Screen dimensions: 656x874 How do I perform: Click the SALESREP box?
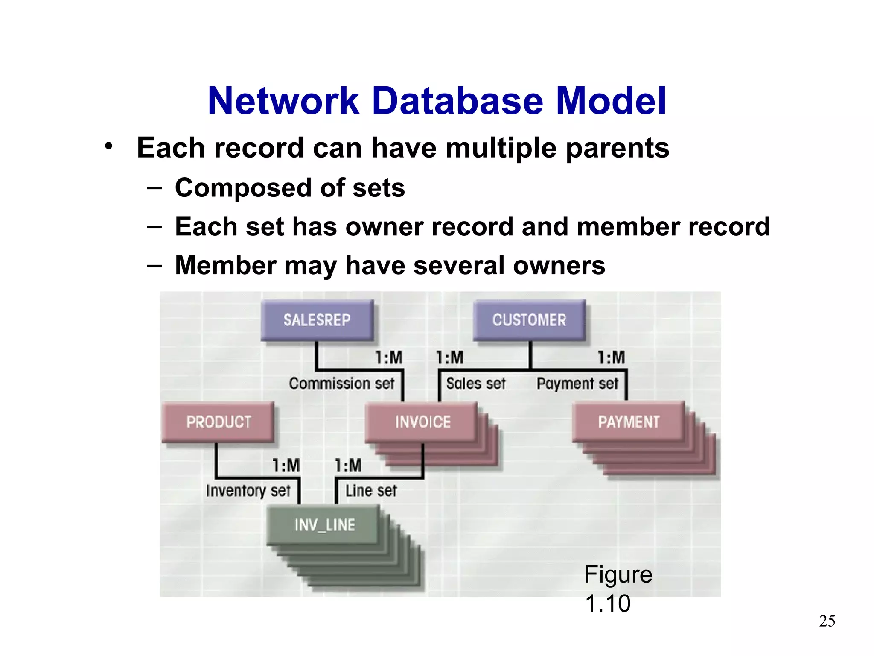(317, 320)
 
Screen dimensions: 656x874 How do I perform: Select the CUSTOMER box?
(529, 320)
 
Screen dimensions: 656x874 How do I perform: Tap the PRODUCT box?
(218, 422)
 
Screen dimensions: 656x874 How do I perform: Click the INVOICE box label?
(422, 422)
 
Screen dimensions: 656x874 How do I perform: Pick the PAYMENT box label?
(629, 422)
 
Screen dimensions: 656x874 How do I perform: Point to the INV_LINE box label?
(324, 525)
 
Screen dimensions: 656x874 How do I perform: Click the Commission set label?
(341, 384)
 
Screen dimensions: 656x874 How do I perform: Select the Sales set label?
(475, 384)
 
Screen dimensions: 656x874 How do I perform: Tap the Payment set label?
(577, 384)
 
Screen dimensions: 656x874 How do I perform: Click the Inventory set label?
(248, 491)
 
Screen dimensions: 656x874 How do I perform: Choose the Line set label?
(371, 491)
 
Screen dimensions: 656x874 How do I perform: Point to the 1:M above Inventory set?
(286, 466)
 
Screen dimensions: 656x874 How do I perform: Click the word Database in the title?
(457, 101)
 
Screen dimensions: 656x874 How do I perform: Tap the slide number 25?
(827, 621)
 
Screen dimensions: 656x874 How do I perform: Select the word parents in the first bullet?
(617, 148)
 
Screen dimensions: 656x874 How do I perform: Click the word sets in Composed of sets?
(378, 188)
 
